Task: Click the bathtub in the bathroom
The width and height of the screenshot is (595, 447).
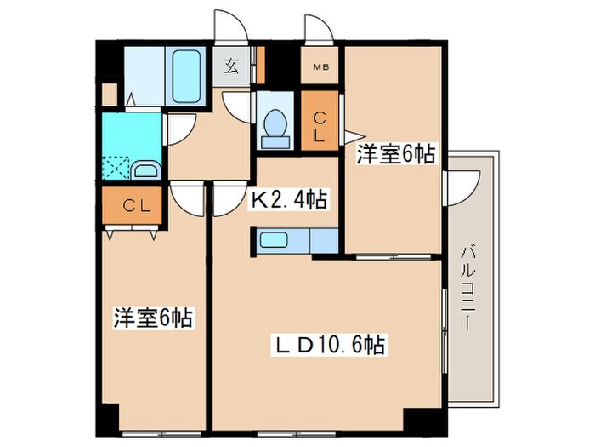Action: [x=187, y=77]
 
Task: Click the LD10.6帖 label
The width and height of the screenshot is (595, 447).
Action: [x=330, y=345]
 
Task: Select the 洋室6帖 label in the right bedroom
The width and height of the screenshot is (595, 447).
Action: [x=395, y=154]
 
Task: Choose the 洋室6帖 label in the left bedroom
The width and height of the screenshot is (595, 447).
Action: [x=153, y=319]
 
